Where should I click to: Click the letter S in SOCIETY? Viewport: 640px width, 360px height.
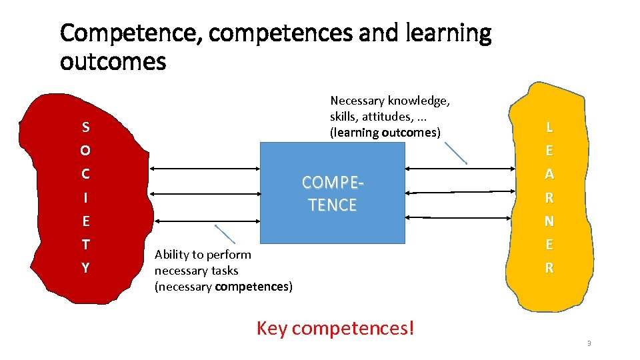85,127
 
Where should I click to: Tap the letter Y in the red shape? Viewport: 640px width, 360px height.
85,268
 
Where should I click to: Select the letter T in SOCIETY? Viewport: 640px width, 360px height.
85,245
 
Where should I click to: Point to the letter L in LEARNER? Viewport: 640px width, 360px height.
549,127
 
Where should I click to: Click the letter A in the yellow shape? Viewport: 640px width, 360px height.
549,174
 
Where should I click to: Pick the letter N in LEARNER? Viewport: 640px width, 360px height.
549,221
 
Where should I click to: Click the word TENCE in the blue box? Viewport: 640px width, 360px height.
333,205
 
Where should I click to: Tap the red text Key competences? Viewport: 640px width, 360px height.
335,328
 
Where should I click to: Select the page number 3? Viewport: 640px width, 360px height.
589,343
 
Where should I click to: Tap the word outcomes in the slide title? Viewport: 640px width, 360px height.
113,62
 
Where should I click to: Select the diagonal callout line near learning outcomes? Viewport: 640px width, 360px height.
455,153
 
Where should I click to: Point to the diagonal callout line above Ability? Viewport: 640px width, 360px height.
225,234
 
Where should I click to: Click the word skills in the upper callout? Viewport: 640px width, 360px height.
343,117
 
